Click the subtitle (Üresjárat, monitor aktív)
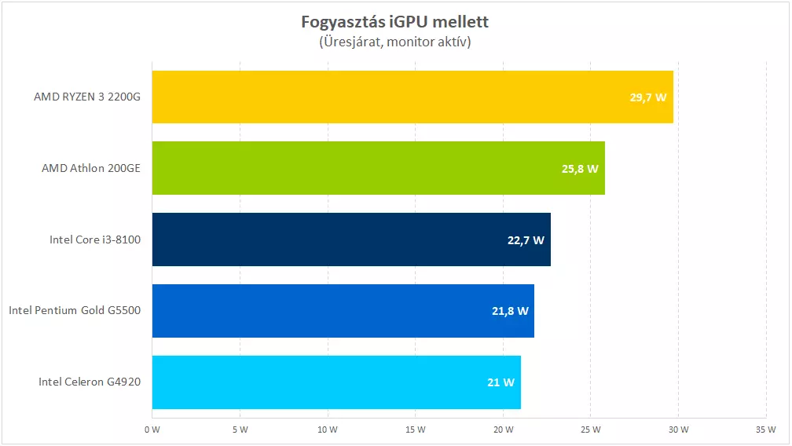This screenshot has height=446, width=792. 395,42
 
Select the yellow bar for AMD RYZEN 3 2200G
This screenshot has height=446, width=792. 393,97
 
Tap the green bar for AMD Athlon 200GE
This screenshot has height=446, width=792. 354,168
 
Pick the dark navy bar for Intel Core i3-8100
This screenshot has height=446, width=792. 330,239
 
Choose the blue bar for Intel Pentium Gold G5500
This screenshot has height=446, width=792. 322,311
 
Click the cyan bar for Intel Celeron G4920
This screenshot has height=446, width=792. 314,382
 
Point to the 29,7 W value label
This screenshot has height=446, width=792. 648,97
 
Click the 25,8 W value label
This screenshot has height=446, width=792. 580,169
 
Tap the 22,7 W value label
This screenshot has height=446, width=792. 526,240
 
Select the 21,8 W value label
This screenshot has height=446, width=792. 509,311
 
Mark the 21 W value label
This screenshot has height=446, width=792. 500,382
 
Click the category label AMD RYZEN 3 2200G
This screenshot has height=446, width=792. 87,97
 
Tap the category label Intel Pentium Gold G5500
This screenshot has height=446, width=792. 75,311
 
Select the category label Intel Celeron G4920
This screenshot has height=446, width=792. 90,382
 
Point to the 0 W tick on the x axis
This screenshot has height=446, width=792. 152,430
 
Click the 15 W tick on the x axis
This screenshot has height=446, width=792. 415,430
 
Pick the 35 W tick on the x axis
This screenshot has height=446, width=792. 766,430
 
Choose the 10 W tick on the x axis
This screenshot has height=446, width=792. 328,430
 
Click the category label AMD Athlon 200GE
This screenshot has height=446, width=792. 91,169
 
